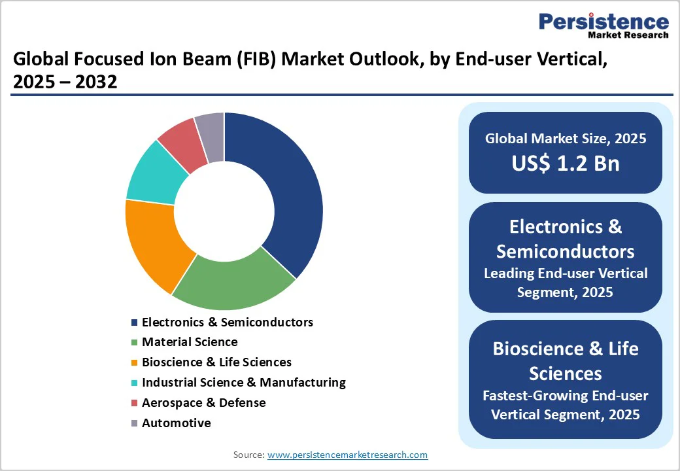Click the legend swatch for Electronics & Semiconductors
coord(135,323)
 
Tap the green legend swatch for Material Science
coord(135,342)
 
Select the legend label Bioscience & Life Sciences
coord(217,362)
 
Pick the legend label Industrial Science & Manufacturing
coord(244,383)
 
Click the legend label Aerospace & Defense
coord(204,402)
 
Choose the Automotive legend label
coord(177,423)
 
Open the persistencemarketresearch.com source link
coord(347,455)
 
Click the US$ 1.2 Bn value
coord(566,163)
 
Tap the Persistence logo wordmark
coord(604,22)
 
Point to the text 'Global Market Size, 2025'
coord(566,138)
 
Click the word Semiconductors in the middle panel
coord(566,252)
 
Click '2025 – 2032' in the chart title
coord(65,82)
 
